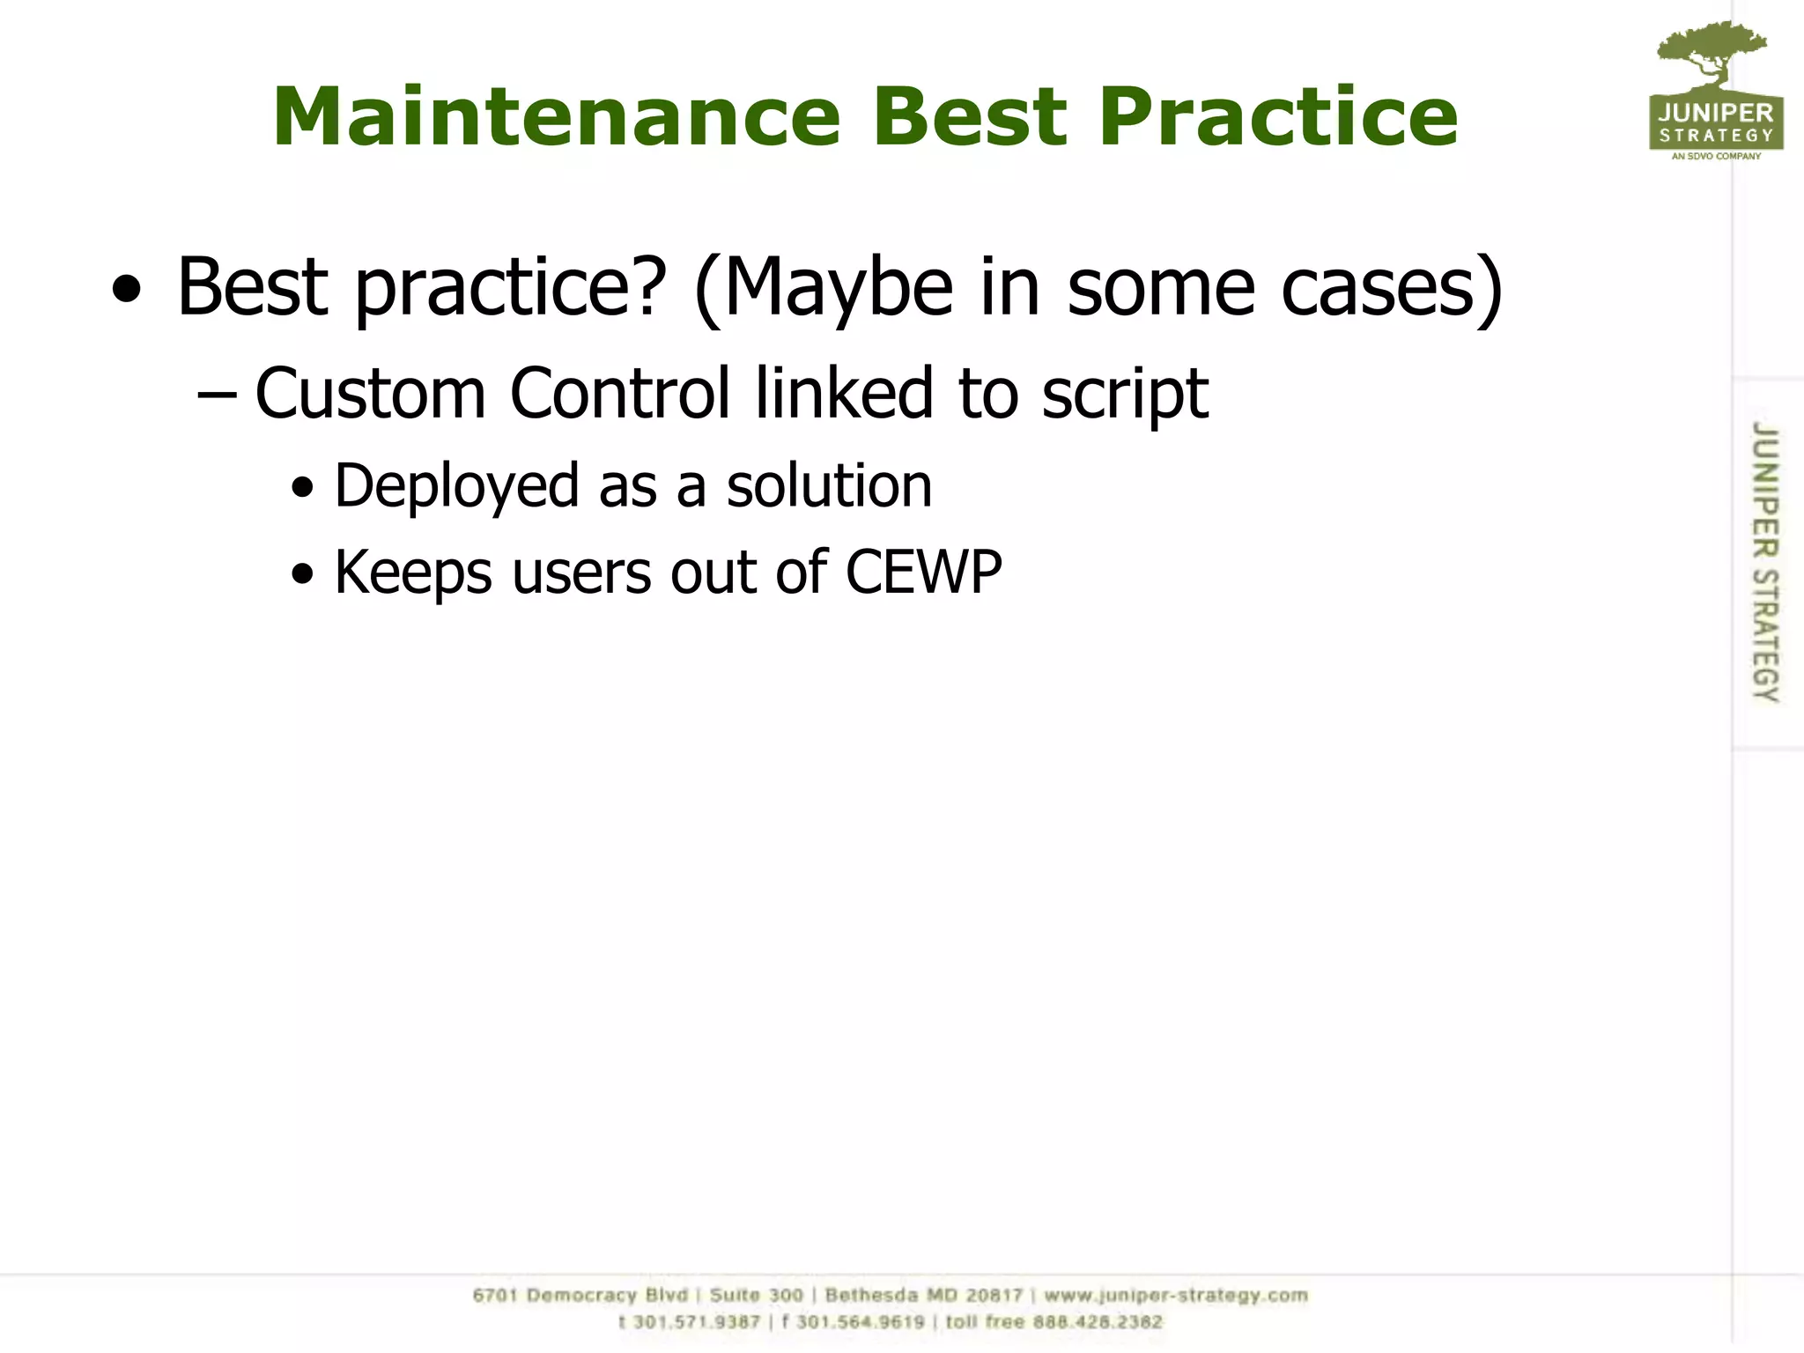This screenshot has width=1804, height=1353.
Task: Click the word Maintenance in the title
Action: pos(557,117)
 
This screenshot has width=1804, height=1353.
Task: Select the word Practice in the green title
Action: pos(1278,117)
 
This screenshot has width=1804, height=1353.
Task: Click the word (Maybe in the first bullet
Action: pos(824,288)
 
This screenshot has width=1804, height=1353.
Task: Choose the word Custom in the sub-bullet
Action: pos(370,393)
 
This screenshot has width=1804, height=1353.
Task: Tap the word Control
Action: pos(620,393)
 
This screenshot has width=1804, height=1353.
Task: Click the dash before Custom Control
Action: pos(217,396)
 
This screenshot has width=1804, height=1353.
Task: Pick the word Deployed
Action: pos(456,486)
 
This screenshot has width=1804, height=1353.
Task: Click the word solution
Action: pos(829,486)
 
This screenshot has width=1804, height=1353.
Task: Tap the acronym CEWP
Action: pos(923,573)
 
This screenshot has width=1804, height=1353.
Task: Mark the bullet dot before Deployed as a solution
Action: pos(302,488)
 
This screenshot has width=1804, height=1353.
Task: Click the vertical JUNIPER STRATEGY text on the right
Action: pos(1764,561)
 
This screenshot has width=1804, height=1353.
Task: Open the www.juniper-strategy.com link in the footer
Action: pos(1176,1295)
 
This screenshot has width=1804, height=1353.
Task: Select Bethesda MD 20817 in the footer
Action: pos(923,1295)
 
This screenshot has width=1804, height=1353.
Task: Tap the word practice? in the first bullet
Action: pos(510,288)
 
